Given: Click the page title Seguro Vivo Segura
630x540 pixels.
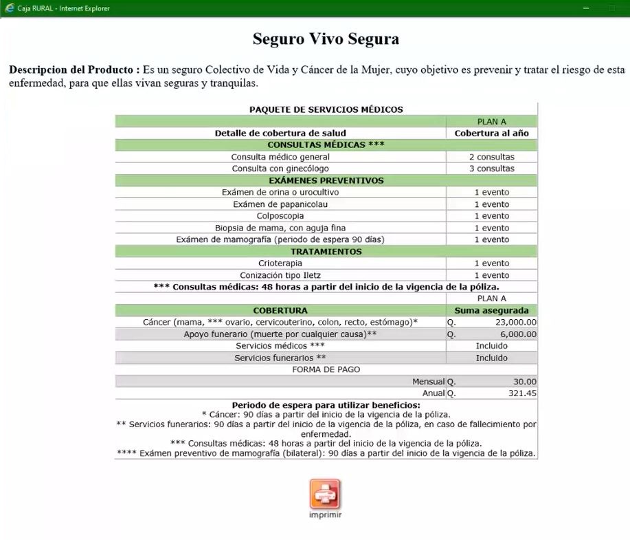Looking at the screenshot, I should pos(326,39).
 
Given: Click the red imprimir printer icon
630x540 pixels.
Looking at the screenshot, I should pos(325,494).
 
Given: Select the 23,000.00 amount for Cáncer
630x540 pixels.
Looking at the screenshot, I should pos(515,322).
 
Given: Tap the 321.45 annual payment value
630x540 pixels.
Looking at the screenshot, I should pos(522,393).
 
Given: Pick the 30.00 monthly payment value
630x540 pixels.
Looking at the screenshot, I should pos(526,381).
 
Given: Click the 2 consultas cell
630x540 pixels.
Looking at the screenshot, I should pos(491,157).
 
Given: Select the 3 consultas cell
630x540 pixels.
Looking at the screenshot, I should pos(491,169).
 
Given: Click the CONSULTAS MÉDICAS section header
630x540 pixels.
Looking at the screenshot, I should pos(326,145).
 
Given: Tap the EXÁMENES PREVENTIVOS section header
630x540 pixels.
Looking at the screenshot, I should pos(326,180).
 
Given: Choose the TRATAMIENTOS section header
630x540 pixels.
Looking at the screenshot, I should pos(326,252).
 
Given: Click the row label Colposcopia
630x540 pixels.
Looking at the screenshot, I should pos(280,216).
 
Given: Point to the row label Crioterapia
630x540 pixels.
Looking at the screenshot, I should pos(280,263).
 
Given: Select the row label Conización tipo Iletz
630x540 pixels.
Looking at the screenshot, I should pos(280,275).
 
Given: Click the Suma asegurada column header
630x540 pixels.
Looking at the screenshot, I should pos(491,310).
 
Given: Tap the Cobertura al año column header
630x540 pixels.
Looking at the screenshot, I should pos(491,133).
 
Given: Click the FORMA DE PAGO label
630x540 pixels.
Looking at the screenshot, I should pos(326,369).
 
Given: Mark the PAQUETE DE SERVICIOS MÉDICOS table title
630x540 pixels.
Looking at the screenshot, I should pos(326,109).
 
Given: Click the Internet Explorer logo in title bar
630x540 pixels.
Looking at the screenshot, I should pos(9,8).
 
